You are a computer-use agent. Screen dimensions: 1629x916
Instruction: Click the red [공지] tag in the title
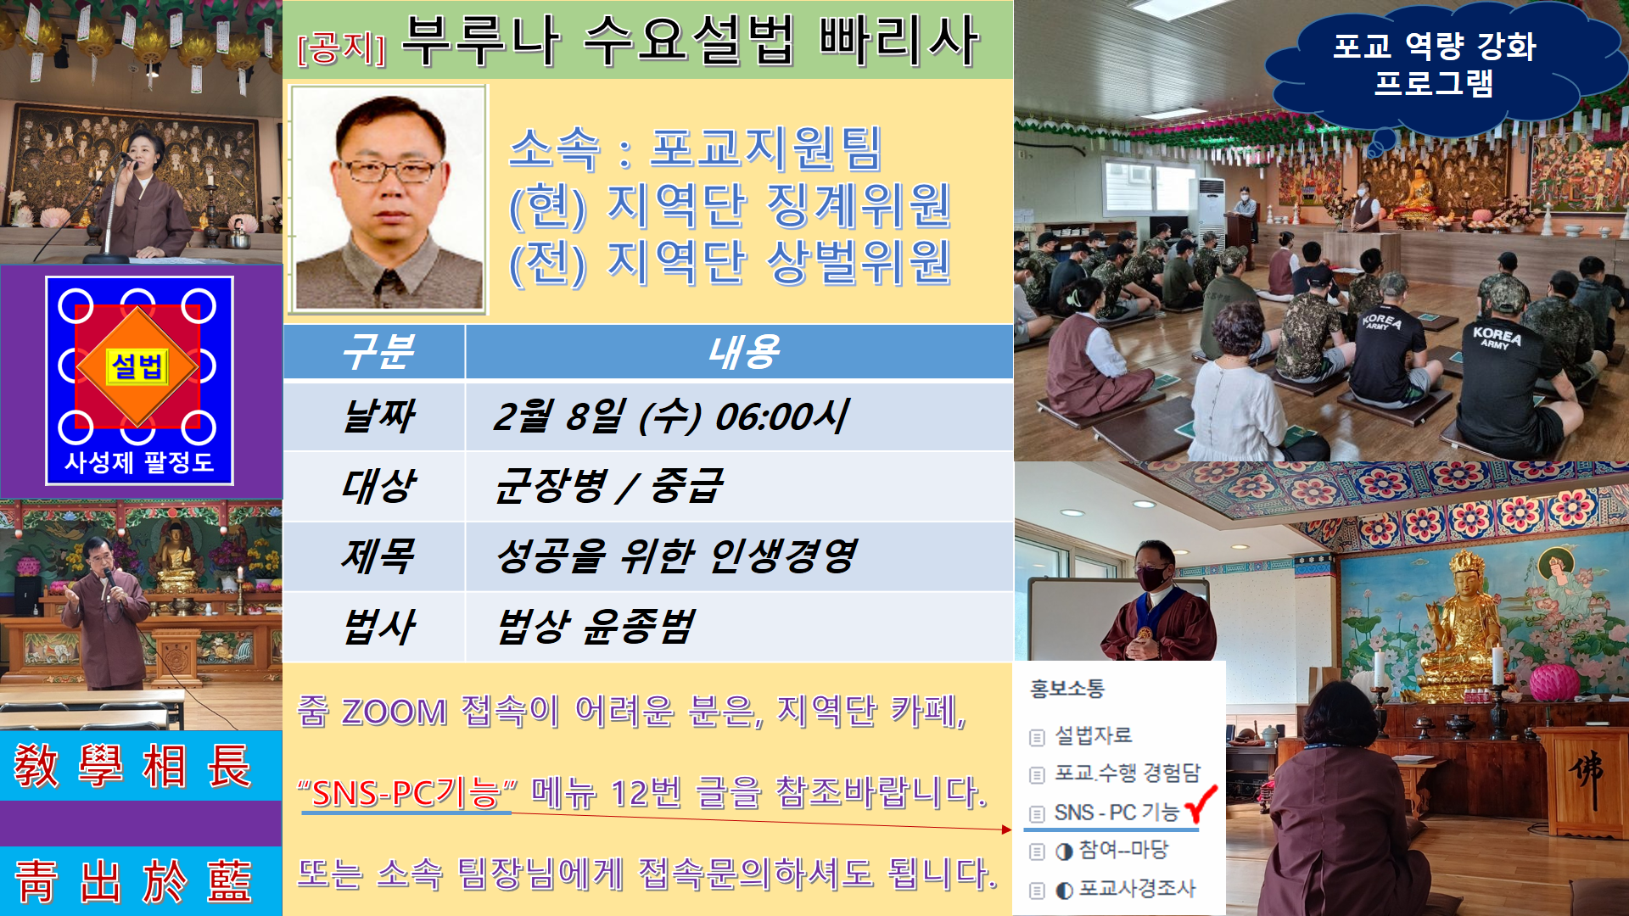click(342, 47)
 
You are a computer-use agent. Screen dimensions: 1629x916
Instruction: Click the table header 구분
click(378, 351)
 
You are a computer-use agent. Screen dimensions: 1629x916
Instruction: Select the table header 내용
click(744, 351)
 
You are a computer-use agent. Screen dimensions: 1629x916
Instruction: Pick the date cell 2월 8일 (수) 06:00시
click(670, 416)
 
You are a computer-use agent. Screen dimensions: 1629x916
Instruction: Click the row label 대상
click(378, 486)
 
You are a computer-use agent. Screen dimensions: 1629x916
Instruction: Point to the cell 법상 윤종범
click(596, 627)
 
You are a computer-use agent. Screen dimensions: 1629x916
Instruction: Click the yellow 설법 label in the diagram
click(137, 366)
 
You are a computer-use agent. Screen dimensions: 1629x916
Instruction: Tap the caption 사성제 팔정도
click(139, 462)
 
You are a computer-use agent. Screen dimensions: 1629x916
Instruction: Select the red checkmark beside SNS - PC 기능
click(1201, 803)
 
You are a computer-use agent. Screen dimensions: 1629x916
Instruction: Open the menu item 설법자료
click(1093, 735)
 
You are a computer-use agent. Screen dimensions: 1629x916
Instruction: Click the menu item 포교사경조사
click(1137, 889)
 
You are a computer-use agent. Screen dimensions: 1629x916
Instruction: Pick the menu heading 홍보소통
click(1067, 688)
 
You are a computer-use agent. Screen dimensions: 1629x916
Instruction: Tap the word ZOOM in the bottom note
click(394, 711)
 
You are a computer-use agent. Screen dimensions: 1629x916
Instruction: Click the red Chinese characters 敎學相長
click(133, 766)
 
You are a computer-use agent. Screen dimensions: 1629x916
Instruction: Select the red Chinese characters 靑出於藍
click(133, 881)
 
